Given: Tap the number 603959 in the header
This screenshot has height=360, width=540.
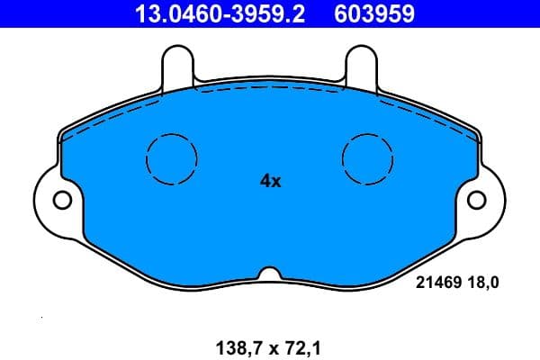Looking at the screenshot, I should click(374, 13).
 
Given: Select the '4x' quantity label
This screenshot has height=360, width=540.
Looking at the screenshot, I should click(270, 181).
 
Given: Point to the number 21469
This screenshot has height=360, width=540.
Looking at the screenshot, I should click(438, 283).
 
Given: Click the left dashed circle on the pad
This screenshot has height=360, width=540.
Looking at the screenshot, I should click(171, 158).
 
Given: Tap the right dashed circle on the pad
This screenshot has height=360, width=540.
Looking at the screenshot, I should click(368, 158).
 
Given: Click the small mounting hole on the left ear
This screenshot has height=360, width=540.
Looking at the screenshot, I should click(62, 199).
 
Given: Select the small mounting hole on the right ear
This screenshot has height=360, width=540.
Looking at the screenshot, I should click(477, 199).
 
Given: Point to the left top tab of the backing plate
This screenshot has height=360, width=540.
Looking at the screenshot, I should click(177, 65).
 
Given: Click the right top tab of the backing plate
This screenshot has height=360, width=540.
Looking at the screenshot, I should click(362, 65).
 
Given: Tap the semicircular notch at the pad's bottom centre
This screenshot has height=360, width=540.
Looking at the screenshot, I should click(270, 273).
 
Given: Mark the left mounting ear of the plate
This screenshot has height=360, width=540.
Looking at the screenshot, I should click(54, 200).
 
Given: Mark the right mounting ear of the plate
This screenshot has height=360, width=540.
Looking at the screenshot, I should click(485, 200).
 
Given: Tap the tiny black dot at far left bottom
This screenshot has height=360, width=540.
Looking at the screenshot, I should click(41, 319).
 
